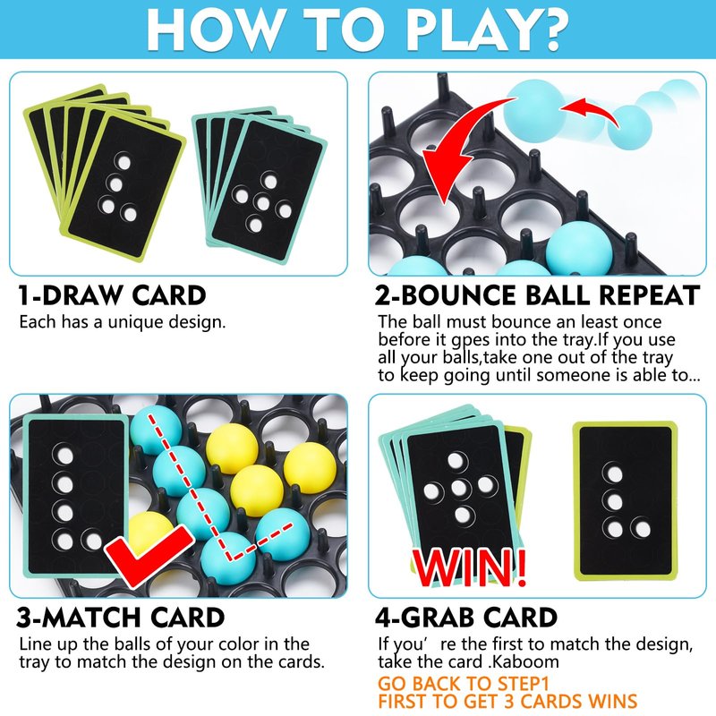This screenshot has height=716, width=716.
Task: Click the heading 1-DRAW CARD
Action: [x=113, y=295]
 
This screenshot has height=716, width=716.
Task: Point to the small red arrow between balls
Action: [x=589, y=112]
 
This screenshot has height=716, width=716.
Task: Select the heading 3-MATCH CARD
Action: [x=121, y=618]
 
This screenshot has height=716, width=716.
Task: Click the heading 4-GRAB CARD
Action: [x=466, y=618]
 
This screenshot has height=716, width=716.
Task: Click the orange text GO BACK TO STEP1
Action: [x=463, y=684]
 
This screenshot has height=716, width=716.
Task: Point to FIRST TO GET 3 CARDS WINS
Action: [x=507, y=701]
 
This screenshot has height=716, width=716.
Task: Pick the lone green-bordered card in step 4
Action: [x=625, y=501]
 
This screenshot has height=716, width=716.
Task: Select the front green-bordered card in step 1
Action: [x=124, y=186]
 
